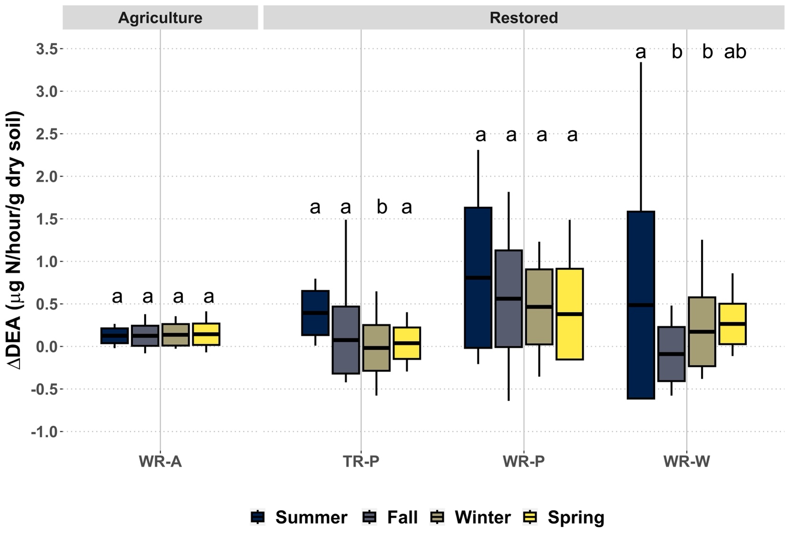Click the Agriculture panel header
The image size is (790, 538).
pyautogui.click(x=160, y=18)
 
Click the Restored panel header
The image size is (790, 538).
pyautogui.click(x=523, y=18)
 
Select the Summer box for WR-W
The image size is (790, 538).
pyautogui.click(x=641, y=304)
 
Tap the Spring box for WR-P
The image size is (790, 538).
pyautogui.click(x=569, y=314)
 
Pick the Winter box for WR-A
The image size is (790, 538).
pyautogui.click(x=175, y=335)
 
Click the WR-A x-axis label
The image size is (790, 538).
pyautogui.click(x=160, y=461)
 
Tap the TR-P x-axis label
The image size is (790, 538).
pyautogui.click(x=361, y=461)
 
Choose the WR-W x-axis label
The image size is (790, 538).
pyautogui.click(x=686, y=461)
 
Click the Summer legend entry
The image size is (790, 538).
pyautogui.click(x=300, y=517)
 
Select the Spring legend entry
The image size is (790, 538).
pyautogui.click(x=564, y=517)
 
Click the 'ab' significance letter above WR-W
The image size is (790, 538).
pyautogui.click(x=735, y=52)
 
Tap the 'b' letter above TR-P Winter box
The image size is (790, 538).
pyautogui.click(x=381, y=207)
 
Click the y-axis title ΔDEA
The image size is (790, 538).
pyautogui.click(x=15, y=240)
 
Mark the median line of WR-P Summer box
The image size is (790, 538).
pyautogui.click(x=478, y=278)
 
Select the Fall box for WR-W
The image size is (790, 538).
pyautogui.click(x=671, y=354)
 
